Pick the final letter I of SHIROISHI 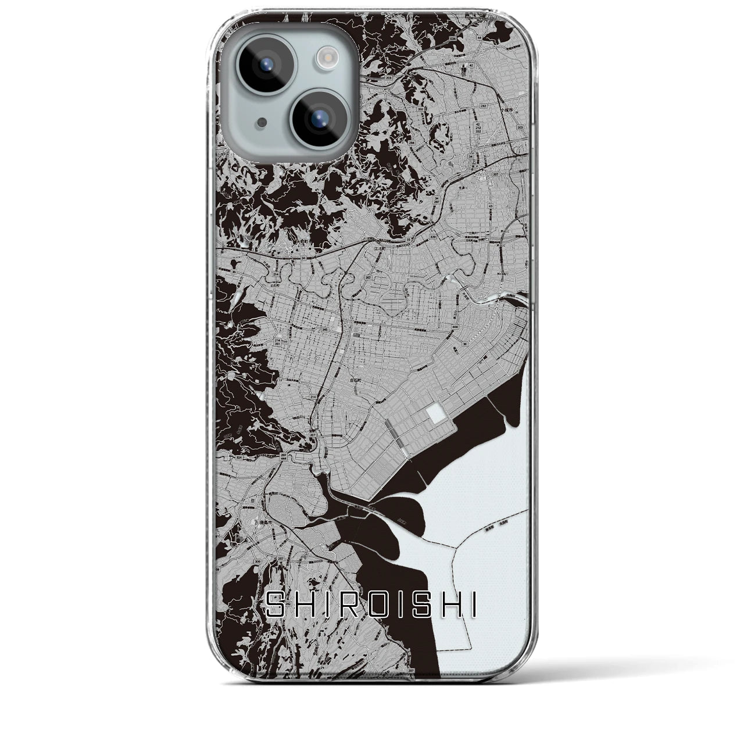(x=474, y=607)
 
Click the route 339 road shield (x=432, y=238)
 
